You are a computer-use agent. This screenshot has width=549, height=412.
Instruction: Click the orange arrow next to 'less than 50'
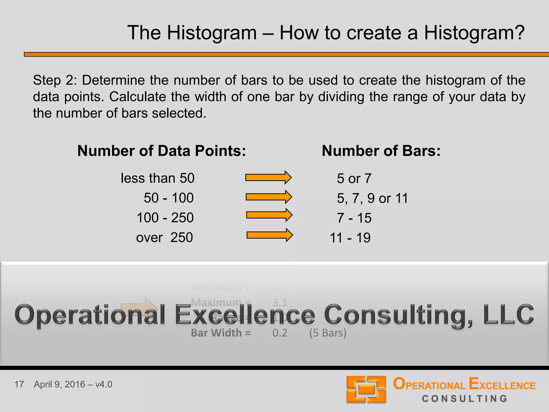click(x=268, y=178)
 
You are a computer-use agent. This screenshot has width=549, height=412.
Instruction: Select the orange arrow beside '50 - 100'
click(x=269, y=197)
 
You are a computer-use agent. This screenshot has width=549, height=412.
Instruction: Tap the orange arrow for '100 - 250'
click(x=269, y=215)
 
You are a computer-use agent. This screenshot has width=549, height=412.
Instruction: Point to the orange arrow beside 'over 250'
click(x=270, y=235)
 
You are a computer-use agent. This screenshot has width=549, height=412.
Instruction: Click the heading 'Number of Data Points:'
click(x=161, y=151)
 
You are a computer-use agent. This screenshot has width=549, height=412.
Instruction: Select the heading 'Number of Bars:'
click(x=381, y=151)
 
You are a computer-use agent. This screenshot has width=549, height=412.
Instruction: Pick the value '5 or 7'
click(x=354, y=179)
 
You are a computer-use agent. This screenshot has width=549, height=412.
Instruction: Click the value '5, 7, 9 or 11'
click(x=372, y=198)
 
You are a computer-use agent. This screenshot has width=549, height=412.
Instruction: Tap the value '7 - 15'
click(x=354, y=218)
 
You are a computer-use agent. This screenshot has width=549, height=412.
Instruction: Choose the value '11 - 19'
click(x=350, y=238)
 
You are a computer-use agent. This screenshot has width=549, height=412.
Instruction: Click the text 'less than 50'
click(x=157, y=178)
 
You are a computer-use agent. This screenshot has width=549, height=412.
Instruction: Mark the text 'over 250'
click(x=164, y=238)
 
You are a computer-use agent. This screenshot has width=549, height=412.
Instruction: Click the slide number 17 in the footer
click(x=19, y=384)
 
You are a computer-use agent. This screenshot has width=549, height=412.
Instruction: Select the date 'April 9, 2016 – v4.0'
click(x=73, y=384)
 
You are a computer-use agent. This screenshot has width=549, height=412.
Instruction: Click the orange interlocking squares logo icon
click(x=366, y=389)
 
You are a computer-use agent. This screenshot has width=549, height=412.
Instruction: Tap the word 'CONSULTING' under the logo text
click(x=465, y=399)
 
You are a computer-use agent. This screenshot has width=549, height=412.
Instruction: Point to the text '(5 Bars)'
click(x=328, y=333)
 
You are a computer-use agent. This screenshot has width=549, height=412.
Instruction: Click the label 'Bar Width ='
click(x=221, y=333)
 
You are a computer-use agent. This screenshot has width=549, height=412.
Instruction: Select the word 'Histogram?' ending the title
click(x=474, y=33)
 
